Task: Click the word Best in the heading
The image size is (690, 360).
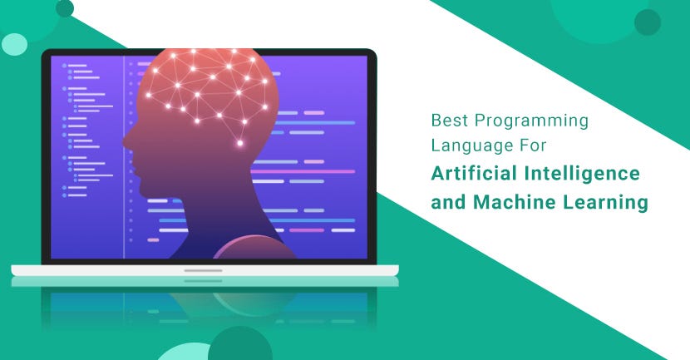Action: [x=446, y=121]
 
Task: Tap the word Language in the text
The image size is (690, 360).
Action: [x=466, y=145]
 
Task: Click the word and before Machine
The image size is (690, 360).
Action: [x=449, y=201]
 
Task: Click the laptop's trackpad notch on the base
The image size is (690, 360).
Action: [x=204, y=270]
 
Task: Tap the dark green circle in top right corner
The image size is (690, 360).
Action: [x=647, y=22]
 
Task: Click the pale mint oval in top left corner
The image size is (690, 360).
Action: [x=14, y=43]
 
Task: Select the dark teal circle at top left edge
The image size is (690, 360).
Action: [x=64, y=7]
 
